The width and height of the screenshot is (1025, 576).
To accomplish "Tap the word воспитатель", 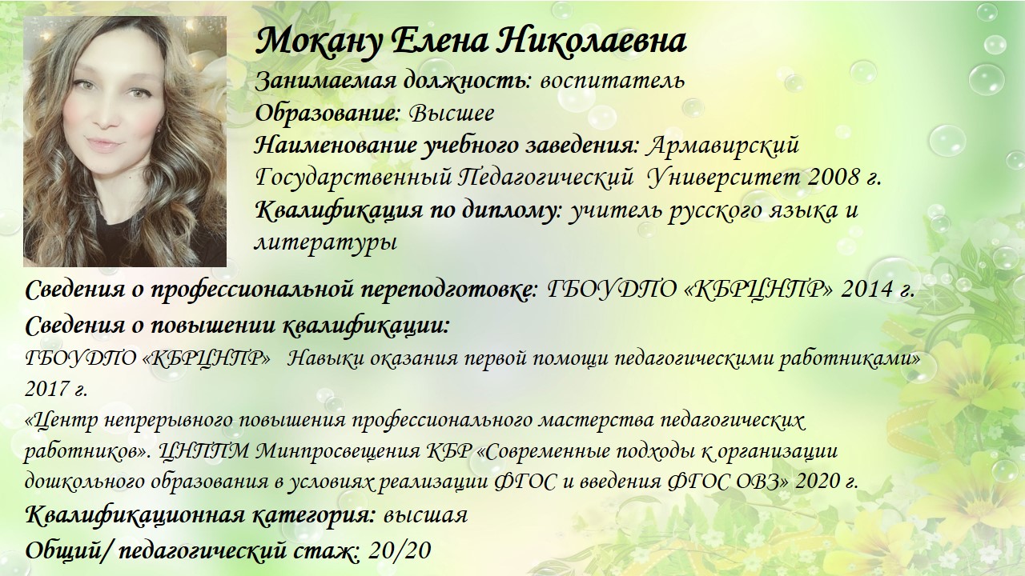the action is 613,81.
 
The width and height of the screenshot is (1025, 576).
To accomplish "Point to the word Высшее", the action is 452,113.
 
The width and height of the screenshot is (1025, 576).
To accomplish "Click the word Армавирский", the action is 723,146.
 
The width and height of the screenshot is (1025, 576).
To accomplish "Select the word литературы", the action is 325,242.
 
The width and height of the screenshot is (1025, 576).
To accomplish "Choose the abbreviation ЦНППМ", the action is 205,451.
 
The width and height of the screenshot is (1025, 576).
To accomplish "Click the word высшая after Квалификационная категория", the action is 425,516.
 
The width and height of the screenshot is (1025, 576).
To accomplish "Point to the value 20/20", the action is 399,550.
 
